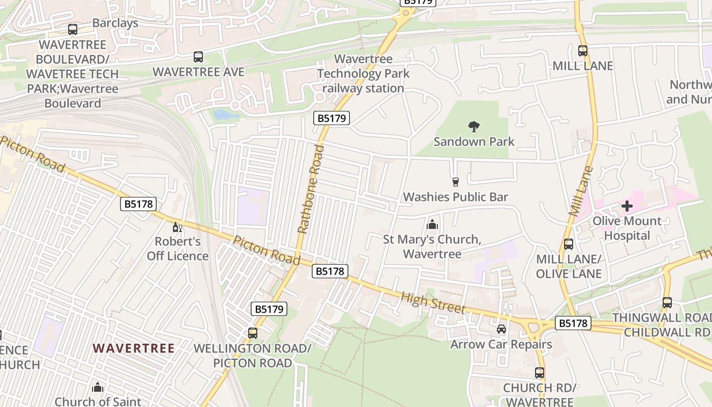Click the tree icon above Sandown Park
[474, 126]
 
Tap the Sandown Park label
[474, 141]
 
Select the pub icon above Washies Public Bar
[455, 182]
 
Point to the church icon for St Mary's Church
[432, 224]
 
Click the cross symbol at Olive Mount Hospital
[627, 206]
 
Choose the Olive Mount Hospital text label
[627, 228]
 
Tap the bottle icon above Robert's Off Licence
[177, 227]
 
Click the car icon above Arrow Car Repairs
[501, 329]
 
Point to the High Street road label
[433, 302]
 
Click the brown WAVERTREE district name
[134, 348]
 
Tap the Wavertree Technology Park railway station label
[363, 74]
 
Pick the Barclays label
[115, 23]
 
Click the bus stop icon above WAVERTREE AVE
[198, 57]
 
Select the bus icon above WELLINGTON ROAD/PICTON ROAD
[253, 333]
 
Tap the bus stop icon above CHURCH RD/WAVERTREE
[540, 373]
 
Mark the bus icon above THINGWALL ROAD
[667, 303]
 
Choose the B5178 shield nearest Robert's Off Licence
[138, 205]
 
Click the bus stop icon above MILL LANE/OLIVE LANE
[569, 244]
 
